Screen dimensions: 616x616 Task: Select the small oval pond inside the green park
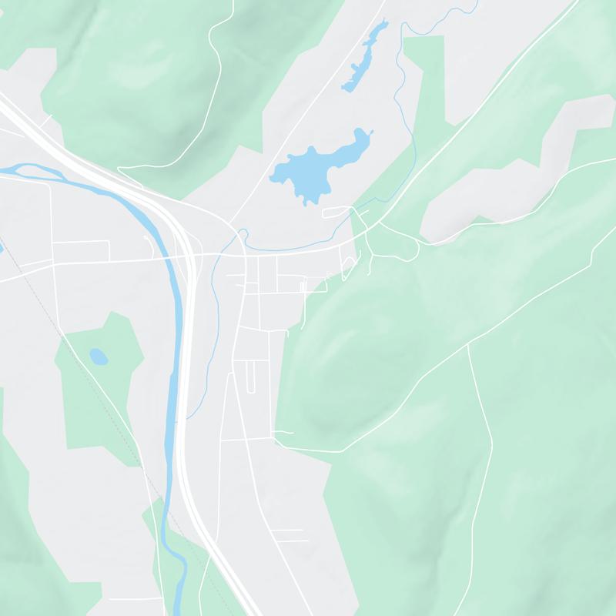98,357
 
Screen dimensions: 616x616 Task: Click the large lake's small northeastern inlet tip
371,133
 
